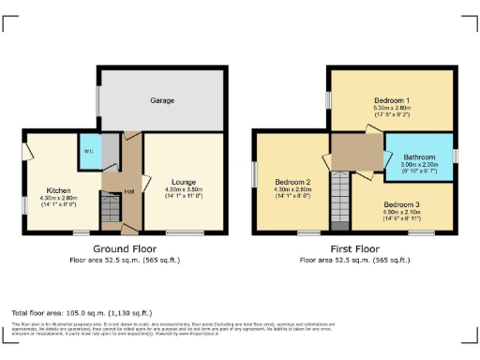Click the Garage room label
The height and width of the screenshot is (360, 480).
163,99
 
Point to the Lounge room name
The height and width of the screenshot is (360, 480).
183,183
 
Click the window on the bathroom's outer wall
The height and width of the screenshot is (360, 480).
455,155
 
